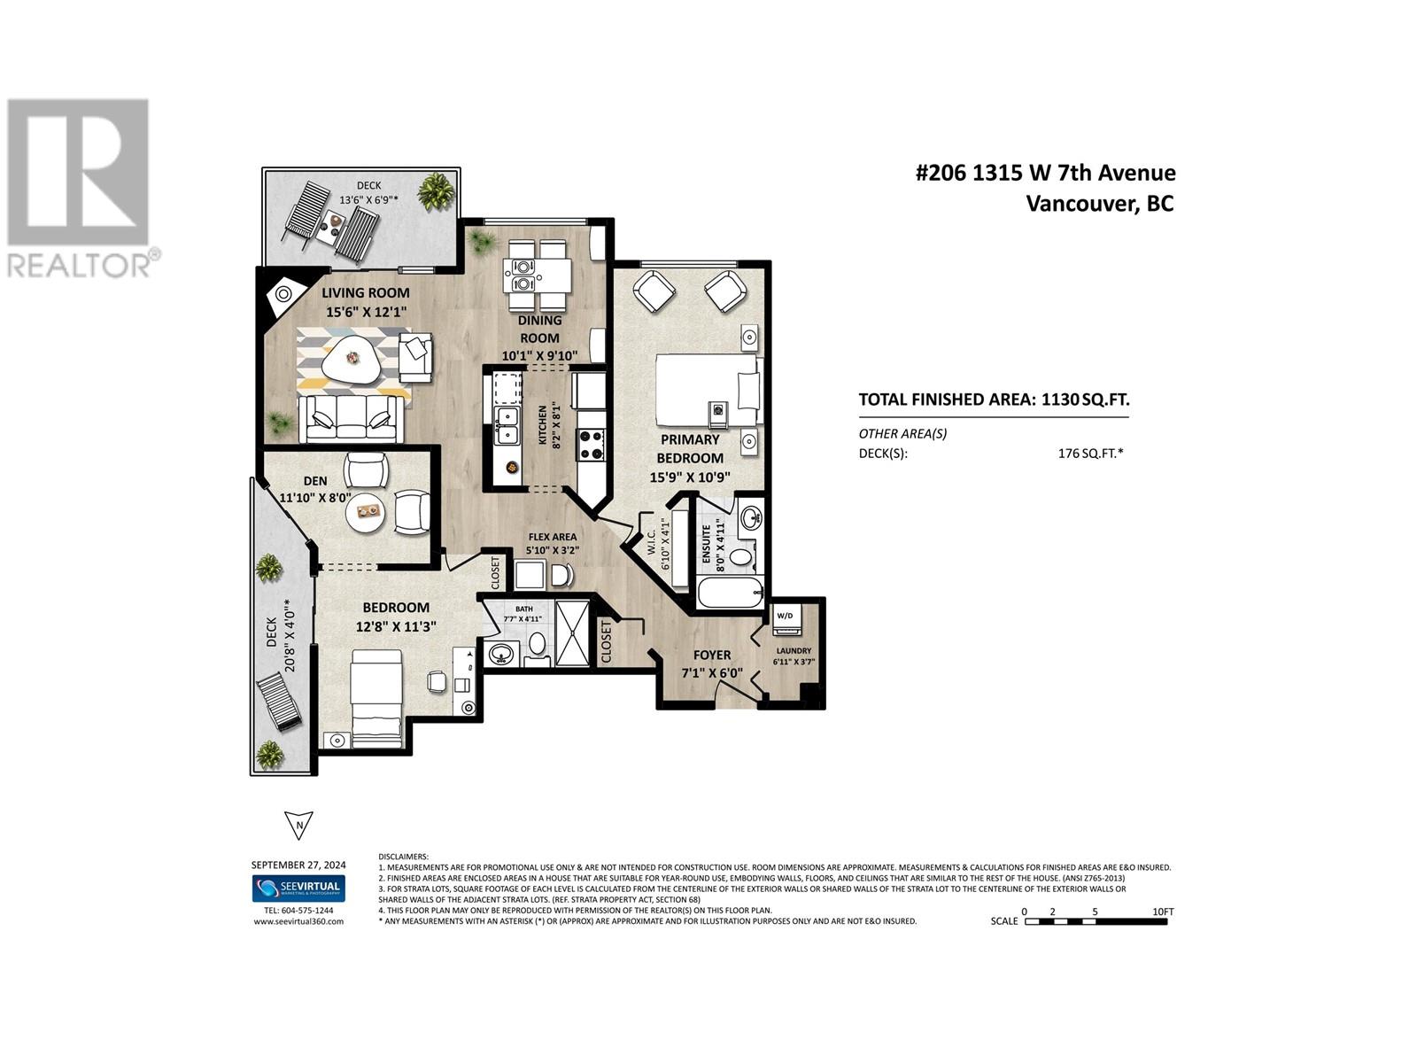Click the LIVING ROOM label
pos(366,293)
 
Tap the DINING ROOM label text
pos(539,329)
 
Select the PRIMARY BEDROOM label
pos(689,449)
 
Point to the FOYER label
pos(712,656)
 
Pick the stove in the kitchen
pos(591,445)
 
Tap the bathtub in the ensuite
pos(730,592)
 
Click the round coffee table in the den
pos(365,512)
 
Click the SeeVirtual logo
pos(298,888)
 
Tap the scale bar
pos(1096,921)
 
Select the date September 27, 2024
pos(298,865)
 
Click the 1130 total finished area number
pos(1061,400)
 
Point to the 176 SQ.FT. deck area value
pos(1084,454)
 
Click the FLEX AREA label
pos(553,537)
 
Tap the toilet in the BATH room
pos(537,644)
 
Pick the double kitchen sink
pos(507,425)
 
